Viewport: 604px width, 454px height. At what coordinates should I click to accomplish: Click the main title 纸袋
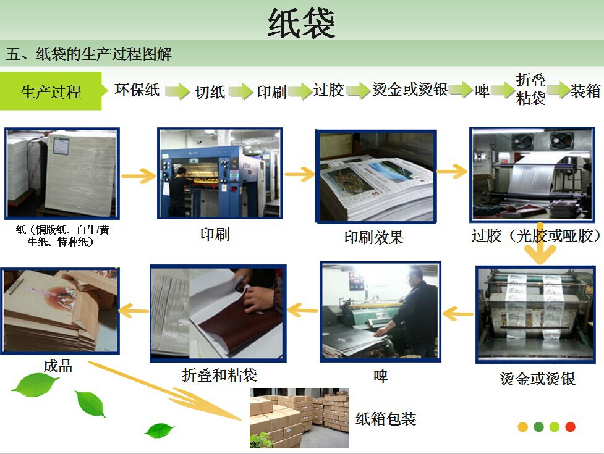tap(301, 23)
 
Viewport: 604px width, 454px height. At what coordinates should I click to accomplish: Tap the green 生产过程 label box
tap(51, 91)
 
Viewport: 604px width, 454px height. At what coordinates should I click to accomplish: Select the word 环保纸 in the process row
tap(137, 90)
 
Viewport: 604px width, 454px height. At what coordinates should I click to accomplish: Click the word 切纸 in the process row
tap(210, 92)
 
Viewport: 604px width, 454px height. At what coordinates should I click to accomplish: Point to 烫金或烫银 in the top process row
tap(410, 90)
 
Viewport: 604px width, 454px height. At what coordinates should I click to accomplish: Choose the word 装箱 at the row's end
tap(585, 91)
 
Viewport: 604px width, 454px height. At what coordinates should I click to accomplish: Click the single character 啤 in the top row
tap(482, 91)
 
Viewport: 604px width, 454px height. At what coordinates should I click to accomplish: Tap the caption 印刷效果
tap(373, 237)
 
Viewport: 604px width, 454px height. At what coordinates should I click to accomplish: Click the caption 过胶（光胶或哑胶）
tap(536, 235)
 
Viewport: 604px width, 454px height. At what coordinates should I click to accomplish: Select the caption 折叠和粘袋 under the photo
tap(219, 375)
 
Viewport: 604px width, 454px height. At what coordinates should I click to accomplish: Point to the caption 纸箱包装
tap(386, 419)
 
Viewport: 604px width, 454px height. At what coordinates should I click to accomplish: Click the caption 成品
tap(57, 366)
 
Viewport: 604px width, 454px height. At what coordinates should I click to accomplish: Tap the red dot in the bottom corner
tap(570, 427)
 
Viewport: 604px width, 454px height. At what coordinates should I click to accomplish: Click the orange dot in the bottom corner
tap(523, 427)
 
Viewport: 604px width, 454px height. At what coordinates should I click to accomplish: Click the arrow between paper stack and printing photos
tap(138, 176)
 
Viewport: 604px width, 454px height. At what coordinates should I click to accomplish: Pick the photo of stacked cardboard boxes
tap(299, 418)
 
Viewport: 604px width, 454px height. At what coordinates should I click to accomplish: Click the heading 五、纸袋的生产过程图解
tap(88, 54)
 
